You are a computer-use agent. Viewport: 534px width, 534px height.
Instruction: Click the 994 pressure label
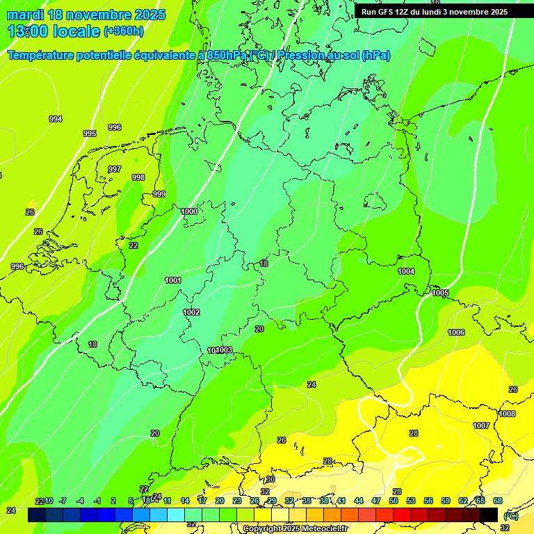click(x=56, y=119)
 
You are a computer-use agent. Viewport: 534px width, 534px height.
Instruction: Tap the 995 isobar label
click(x=90, y=133)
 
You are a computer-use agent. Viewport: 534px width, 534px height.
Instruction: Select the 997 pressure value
click(x=115, y=169)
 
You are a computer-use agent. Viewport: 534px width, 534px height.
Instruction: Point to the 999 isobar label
click(x=159, y=194)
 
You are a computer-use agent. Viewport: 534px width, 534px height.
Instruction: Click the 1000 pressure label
click(x=188, y=211)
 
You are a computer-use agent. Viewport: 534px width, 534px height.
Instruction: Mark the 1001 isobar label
click(x=173, y=280)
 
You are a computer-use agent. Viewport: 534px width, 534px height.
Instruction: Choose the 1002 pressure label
click(x=191, y=312)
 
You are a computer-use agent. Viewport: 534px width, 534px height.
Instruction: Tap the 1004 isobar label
click(x=406, y=271)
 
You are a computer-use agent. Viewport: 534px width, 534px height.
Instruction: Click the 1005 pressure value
click(x=440, y=293)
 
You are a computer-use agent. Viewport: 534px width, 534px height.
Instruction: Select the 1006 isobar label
click(x=456, y=332)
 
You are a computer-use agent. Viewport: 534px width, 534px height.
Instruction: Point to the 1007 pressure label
click(x=481, y=426)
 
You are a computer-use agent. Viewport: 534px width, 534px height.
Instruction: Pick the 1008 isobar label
click(x=507, y=414)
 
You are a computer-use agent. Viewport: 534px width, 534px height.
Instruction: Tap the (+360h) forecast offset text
click(x=123, y=31)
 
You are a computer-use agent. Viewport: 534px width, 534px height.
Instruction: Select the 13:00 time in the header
click(x=27, y=31)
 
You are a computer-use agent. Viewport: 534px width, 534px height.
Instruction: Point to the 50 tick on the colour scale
click(x=393, y=501)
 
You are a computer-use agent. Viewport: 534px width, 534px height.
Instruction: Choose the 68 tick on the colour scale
click(x=498, y=501)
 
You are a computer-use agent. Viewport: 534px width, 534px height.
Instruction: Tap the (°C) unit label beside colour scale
click(x=510, y=516)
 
